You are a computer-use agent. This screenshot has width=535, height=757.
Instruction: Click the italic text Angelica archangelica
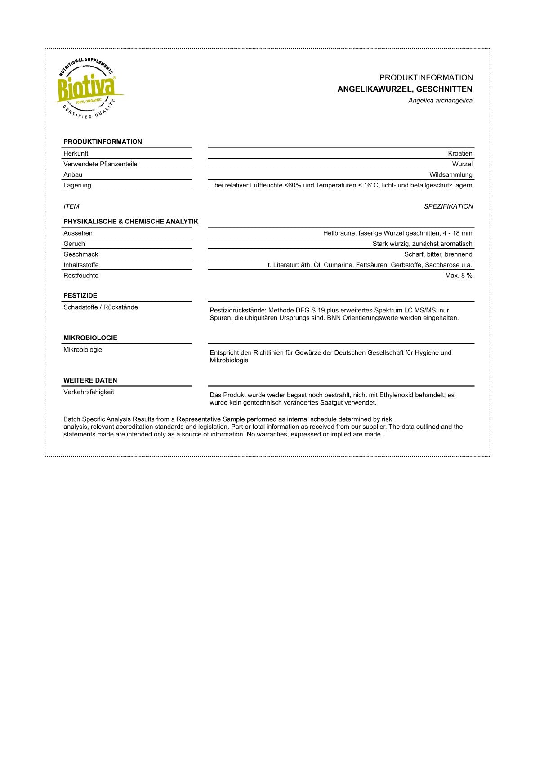(440, 101)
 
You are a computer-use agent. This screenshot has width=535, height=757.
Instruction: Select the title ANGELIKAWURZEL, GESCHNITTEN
(405, 89)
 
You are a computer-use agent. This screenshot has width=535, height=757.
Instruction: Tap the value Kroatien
(460, 153)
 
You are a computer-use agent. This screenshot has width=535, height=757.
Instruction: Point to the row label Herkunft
(76, 153)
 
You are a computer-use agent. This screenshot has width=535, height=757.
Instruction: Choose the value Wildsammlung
(450, 174)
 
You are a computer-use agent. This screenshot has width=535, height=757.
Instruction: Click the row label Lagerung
(77, 185)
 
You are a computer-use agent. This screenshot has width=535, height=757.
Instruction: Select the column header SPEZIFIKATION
(448, 206)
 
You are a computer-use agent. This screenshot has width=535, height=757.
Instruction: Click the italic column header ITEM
(71, 206)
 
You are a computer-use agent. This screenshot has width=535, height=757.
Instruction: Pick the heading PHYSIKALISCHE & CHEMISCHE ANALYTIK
(130, 222)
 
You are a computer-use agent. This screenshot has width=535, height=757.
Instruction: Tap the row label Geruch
(74, 244)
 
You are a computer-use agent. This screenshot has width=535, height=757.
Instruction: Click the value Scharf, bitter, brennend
(438, 254)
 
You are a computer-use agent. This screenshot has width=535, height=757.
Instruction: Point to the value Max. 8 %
(459, 276)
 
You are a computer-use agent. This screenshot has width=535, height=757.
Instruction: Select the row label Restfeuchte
(80, 276)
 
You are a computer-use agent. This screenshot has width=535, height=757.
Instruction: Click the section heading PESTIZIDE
(80, 296)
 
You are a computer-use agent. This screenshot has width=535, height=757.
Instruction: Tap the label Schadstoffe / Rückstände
(100, 307)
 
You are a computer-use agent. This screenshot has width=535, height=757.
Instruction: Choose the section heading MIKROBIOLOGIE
(90, 338)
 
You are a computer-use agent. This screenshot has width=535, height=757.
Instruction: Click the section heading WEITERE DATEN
(90, 380)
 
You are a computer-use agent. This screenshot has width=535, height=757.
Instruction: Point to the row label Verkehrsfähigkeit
(89, 392)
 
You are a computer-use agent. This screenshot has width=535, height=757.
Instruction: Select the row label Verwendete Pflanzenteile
(100, 164)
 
